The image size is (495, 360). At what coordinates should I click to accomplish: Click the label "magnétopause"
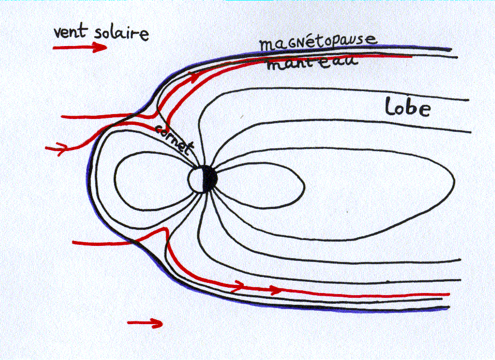[318, 42]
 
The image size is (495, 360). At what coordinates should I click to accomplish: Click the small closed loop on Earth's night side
[262, 185]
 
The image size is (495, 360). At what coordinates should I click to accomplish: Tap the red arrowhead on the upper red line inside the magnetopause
[196, 76]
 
